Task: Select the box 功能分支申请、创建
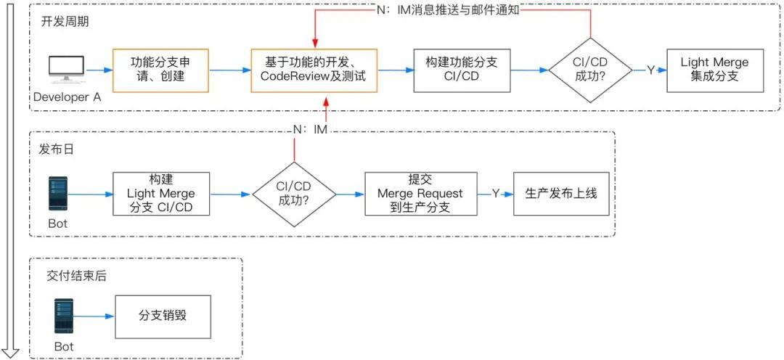(x=160, y=70)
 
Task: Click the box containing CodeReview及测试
(x=314, y=70)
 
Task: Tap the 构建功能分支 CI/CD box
(x=462, y=70)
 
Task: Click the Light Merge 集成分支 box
(x=714, y=70)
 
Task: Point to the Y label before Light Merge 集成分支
(x=650, y=70)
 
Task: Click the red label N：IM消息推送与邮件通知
(x=449, y=11)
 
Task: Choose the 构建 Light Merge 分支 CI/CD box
(x=161, y=194)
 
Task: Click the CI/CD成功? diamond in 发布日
(x=294, y=194)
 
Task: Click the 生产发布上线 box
(x=561, y=194)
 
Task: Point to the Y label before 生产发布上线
(x=496, y=194)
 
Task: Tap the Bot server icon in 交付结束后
(x=62, y=316)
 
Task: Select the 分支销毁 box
(x=163, y=316)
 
